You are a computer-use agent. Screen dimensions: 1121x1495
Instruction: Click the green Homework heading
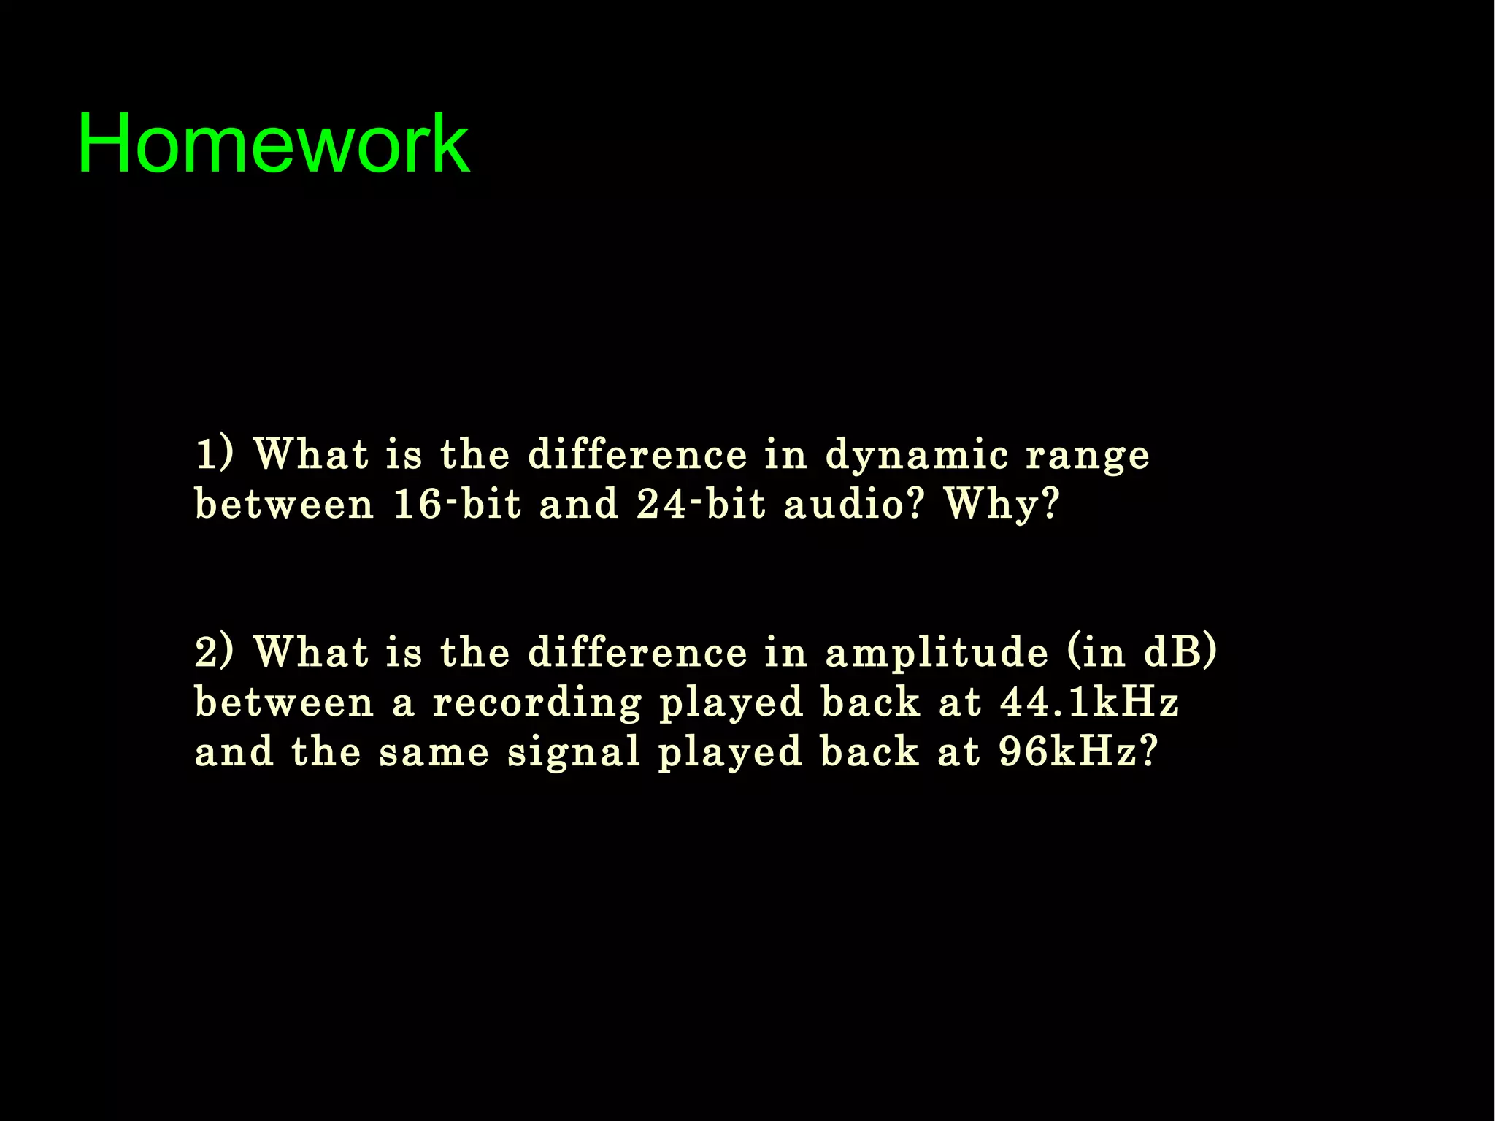click(273, 143)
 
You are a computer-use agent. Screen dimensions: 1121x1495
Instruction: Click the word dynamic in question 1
click(917, 456)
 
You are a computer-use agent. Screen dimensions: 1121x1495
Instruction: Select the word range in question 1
click(1088, 456)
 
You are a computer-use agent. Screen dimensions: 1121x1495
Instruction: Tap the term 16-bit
click(458, 505)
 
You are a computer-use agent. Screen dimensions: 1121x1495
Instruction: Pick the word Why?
click(1002, 505)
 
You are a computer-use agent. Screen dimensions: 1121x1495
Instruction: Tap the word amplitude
click(937, 652)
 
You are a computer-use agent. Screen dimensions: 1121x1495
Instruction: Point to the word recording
click(537, 703)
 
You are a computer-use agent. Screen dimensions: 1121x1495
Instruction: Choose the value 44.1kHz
click(1089, 702)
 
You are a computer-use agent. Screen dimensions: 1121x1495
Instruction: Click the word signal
click(574, 751)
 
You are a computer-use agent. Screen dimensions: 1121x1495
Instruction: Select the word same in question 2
click(434, 753)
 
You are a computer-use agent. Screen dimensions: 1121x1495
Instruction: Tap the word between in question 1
click(284, 505)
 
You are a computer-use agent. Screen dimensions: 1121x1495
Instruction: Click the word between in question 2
click(284, 702)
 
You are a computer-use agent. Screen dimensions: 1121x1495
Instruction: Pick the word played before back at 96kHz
click(731, 753)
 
